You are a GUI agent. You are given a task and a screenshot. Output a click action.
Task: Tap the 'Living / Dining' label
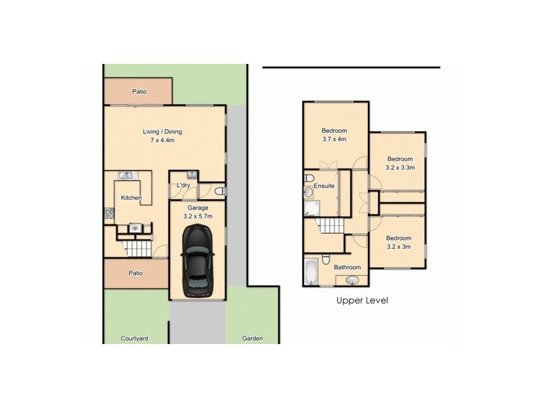tap(162, 132)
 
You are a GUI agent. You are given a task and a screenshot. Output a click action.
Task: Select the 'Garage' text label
tap(198, 207)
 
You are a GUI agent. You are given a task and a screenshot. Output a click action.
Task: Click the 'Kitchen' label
tap(131, 198)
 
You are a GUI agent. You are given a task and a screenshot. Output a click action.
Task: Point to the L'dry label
tap(183, 186)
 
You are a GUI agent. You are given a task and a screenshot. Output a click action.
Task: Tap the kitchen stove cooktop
tap(108, 214)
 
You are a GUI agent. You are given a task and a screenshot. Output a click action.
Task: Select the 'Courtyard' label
tap(134, 338)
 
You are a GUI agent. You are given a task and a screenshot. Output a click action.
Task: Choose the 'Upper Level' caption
tap(362, 300)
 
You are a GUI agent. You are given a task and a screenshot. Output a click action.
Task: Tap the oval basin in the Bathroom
tap(354, 279)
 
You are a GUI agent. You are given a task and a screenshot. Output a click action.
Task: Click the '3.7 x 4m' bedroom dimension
tap(335, 139)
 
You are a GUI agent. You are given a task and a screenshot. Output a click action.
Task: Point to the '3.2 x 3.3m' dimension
tap(400, 167)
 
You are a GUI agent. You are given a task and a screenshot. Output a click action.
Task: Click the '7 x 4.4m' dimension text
tap(162, 141)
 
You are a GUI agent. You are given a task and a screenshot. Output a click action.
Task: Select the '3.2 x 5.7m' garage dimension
tap(198, 216)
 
